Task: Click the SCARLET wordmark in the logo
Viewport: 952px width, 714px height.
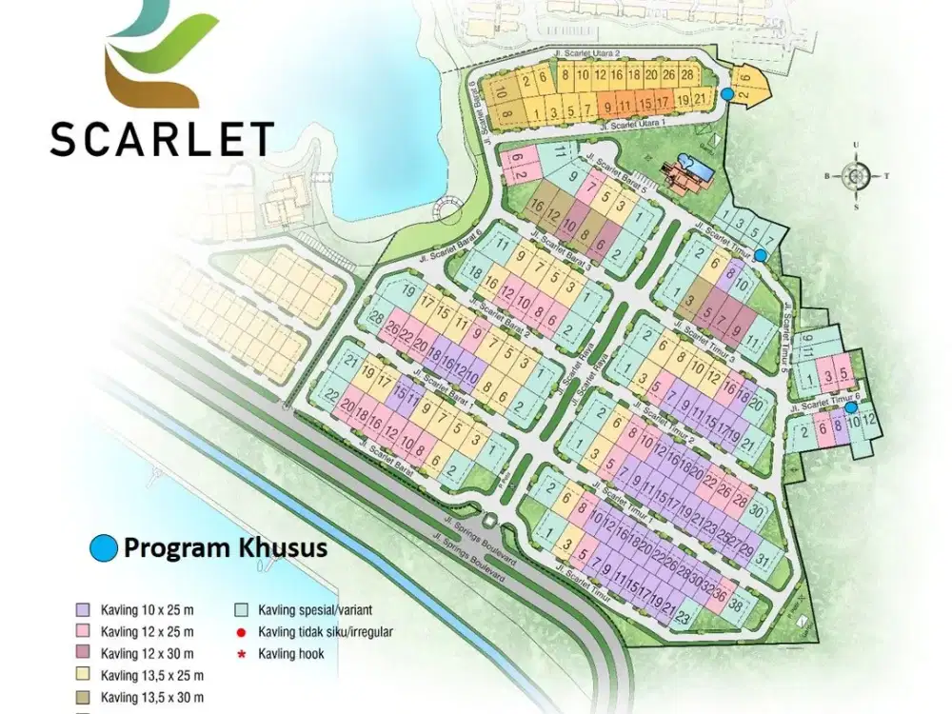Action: coord(161,139)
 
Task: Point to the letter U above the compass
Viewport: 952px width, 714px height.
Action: coord(857,146)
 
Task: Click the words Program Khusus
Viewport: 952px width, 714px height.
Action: coord(226,548)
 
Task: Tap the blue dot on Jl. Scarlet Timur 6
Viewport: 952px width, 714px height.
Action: coord(852,408)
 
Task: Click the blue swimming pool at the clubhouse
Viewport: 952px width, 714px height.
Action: coord(701,169)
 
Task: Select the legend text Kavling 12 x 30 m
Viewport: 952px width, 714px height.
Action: coord(147,653)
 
